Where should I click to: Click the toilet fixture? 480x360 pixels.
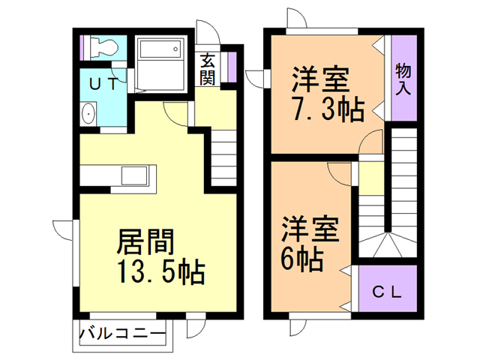[103, 48]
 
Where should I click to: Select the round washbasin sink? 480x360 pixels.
[89, 115]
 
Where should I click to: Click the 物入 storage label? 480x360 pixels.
[403, 79]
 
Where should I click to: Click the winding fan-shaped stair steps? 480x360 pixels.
[385, 244]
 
